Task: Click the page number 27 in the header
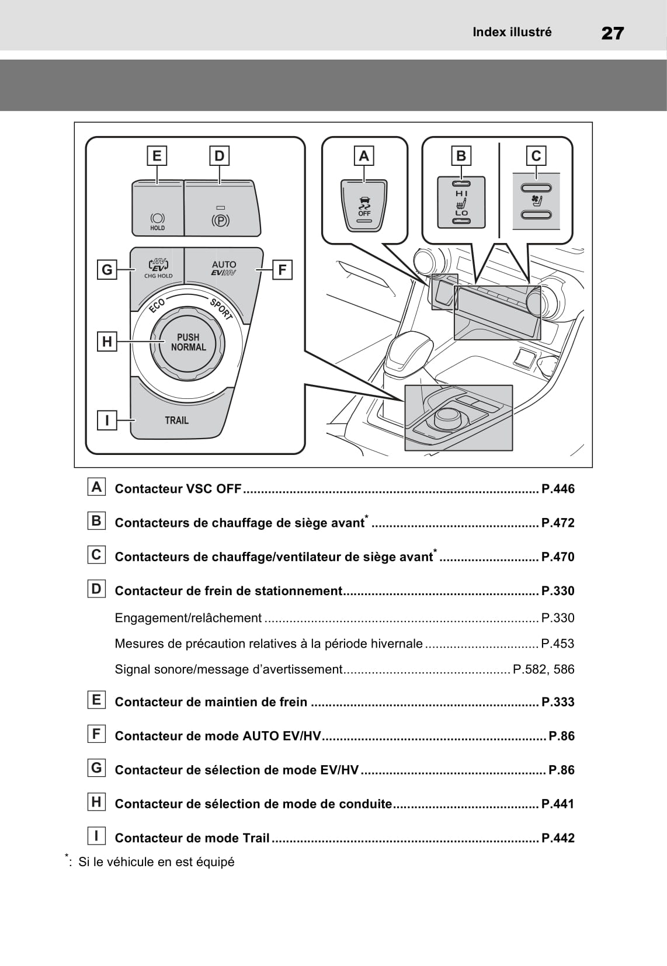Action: click(612, 33)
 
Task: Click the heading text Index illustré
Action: click(512, 32)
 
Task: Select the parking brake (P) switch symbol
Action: click(220, 220)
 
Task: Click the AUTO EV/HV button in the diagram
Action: click(224, 268)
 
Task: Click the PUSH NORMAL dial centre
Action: click(188, 342)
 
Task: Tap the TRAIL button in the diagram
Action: click(176, 420)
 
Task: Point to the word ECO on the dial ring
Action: click(157, 305)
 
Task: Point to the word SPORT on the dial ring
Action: click(221, 309)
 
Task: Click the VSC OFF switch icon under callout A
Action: click(364, 207)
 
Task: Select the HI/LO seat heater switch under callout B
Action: click(461, 203)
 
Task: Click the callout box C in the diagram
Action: click(536, 156)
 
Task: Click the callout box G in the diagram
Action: click(107, 270)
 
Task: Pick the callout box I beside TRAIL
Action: click(107, 420)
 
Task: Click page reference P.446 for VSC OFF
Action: click(558, 489)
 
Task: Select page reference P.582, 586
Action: click(543, 669)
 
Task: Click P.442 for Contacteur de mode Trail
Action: click(558, 838)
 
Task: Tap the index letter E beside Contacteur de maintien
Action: click(96, 700)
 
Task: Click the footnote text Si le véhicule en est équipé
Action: click(156, 862)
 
